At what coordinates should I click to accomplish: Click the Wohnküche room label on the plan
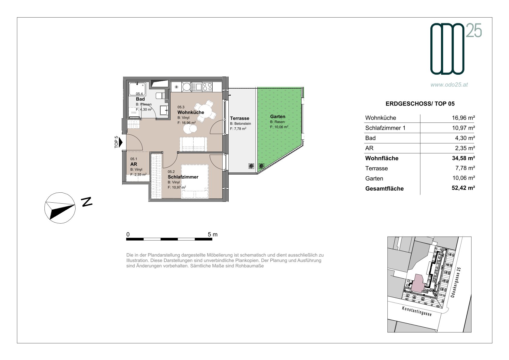point(191,112)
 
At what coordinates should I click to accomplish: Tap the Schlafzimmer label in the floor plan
point(183,177)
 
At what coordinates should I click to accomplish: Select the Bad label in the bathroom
point(140,99)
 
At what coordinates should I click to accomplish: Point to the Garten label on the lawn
point(277,116)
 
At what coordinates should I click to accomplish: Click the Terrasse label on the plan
point(240,118)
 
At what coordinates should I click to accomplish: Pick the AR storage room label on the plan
point(134,164)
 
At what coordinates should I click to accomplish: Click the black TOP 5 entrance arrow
point(121,142)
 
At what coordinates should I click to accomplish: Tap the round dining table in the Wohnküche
point(205,111)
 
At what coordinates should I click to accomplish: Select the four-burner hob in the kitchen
point(207,87)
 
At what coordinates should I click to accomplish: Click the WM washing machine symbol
point(134,113)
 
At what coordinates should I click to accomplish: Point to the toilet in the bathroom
point(160,96)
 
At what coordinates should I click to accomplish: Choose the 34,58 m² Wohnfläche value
point(463,158)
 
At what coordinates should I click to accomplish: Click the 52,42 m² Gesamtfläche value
point(463,188)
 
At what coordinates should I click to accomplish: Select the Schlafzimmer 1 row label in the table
point(385,128)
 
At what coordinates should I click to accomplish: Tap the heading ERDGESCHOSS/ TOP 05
point(420,104)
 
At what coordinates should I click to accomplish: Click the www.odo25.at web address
point(449,85)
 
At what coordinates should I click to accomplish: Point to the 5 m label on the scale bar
point(213,234)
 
